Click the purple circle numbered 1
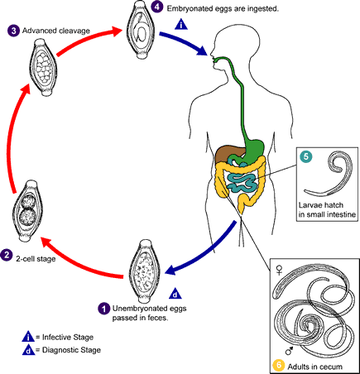point(104,309)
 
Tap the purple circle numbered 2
point(7,255)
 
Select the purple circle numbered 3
point(13,31)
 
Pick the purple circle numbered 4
point(156,7)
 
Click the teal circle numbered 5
point(305,156)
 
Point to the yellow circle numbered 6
point(278,366)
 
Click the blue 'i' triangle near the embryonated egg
point(181,24)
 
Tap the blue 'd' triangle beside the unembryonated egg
point(175,294)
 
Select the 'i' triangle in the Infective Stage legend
point(28,337)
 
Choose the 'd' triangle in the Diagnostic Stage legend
point(28,350)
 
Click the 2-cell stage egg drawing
point(28,211)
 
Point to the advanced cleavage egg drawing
point(44,67)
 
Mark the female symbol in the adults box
point(280,270)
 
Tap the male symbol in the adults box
point(289,351)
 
